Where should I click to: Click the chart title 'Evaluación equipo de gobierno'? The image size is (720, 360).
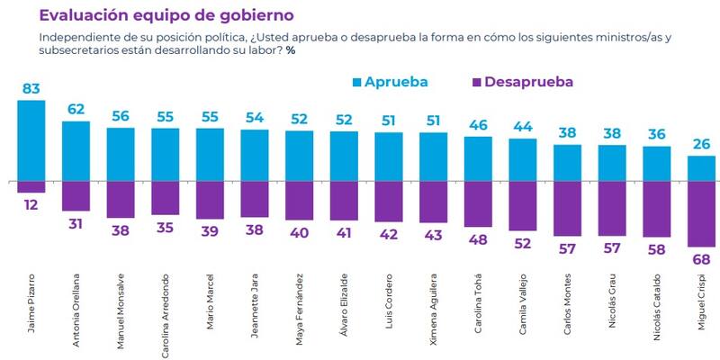(x=166, y=15)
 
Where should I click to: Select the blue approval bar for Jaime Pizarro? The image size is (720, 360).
(x=31, y=139)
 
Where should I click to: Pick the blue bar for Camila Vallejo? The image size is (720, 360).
(x=522, y=159)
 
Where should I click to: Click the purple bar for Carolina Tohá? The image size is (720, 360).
(x=478, y=203)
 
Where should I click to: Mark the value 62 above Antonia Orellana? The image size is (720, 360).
(x=76, y=109)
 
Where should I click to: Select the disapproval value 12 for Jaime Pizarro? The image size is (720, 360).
(x=31, y=206)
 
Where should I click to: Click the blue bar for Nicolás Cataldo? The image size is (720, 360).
(x=656, y=163)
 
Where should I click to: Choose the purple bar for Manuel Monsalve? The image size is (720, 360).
(x=121, y=199)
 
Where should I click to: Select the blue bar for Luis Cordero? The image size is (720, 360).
(x=389, y=157)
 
